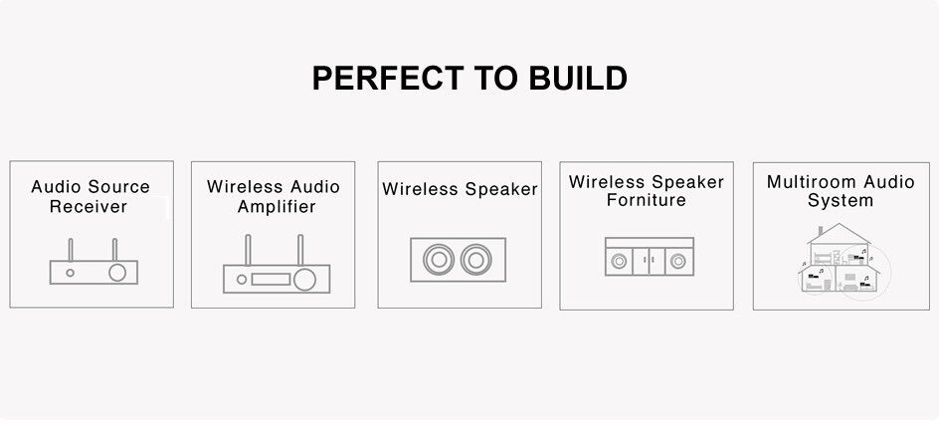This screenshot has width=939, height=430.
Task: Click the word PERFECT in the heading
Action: pyautogui.click(x=388, y=78)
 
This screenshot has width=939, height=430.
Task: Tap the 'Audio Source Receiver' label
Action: pyautogui.click(x=91, y=196)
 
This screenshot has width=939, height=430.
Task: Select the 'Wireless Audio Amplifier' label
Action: pyautogui.click(x=274, y=196)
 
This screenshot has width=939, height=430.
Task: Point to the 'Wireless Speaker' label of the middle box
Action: pyautogui.click(x=460, y=189)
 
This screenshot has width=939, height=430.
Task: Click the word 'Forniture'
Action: pyautogui.click(x=647, y=200)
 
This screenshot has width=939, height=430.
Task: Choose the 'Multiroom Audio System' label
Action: pyautogui.click(x=841, y=191)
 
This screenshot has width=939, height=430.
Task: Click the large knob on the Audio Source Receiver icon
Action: pyautogui.click(x=117, y=273)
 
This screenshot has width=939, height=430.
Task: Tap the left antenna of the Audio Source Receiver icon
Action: pyautogui.click(x=70, y=249)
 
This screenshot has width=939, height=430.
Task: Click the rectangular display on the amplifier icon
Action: pyautogui.click(x=271, y=279)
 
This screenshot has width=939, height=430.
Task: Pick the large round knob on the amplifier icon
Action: pyautogui.click(x=304, y=279)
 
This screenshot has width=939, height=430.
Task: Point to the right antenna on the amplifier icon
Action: pyautogui.click(x=300, y=250)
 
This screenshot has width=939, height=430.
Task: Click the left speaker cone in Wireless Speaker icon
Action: pyautogui.click(x=439, y=260)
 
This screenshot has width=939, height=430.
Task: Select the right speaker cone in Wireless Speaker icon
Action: pyautogui.click(x=476, y=260)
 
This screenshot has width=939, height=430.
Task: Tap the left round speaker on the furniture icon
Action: pyautogui.click(x=619, y=261)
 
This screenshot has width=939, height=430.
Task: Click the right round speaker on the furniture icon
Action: pyautogui.click(x=678, y=261)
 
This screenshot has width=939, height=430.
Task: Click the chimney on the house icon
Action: pyautogui.click(x=820, y=231)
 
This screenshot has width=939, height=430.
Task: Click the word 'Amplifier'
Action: pyautogui.click(x=277, y=207)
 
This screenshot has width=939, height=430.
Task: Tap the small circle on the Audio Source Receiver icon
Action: pyautogui.click(x=70, y=273)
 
